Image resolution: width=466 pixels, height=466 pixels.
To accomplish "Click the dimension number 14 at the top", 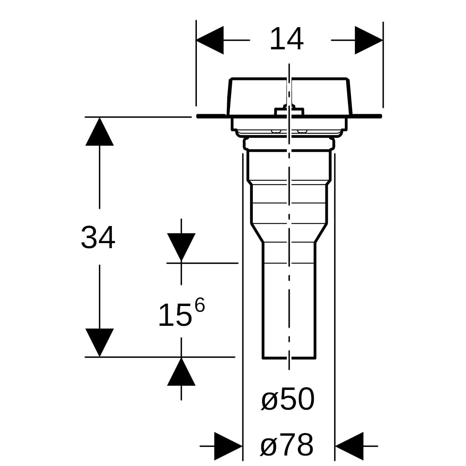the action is point(287,39).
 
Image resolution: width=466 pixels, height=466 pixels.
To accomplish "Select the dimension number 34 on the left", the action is point(98,237).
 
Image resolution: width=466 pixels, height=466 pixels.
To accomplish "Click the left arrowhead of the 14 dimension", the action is point(209,40).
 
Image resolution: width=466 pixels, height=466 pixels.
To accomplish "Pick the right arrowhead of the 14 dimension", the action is point(369,40).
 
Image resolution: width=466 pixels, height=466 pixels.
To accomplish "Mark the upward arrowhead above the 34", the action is point(99,131).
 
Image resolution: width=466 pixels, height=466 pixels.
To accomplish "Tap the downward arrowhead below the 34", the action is point(99,343).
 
